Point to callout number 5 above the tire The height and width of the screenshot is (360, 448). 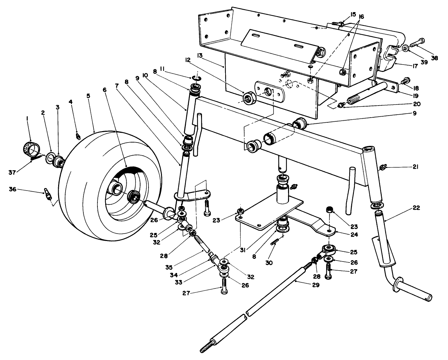pyautogui.click(x=88, y=96)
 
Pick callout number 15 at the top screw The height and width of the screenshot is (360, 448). pyautogui.click(x=353, y=14)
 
